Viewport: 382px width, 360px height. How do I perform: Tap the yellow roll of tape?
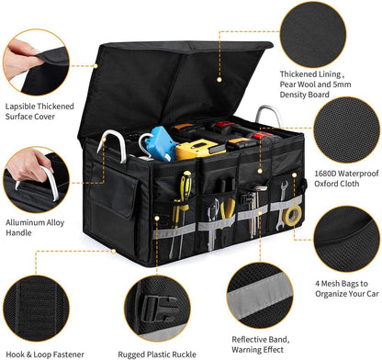[293, 215]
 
